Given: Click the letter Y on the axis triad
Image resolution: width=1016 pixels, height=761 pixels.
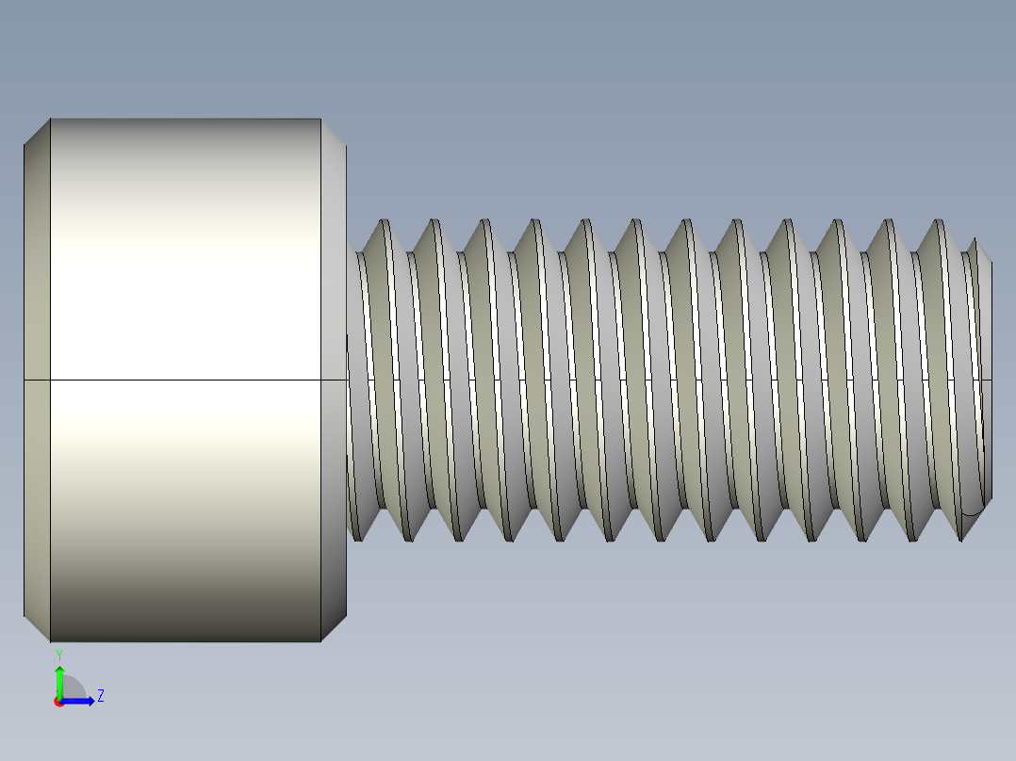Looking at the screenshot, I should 58,654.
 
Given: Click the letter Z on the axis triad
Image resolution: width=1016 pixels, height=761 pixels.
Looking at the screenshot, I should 100,696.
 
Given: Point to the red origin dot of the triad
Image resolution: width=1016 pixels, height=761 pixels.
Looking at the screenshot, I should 58,702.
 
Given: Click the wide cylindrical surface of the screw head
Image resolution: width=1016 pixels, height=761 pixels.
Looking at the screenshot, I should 185,283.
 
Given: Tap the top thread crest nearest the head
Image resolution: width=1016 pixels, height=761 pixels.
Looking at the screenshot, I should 384,222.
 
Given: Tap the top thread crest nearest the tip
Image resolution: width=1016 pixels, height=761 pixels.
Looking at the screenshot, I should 938,222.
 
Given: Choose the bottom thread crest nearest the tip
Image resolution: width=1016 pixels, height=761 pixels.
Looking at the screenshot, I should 960,539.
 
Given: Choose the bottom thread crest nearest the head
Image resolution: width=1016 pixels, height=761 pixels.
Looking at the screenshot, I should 357,539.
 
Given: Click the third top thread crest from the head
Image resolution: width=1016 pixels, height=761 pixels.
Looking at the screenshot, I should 484,222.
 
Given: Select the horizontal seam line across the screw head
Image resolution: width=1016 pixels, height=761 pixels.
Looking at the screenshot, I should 185,380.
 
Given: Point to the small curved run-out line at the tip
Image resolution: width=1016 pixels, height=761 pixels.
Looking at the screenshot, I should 975,512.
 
